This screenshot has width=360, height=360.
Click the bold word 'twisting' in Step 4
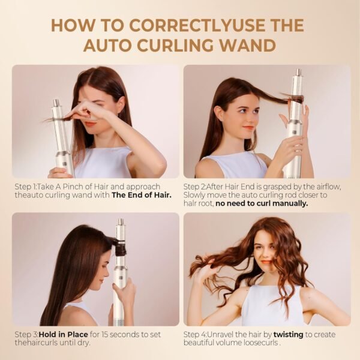coord(289,335)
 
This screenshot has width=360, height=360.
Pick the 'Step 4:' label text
coord(197,335)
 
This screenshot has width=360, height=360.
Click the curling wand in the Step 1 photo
coord(61,138)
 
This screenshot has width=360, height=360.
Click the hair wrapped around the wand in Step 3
coord(118,244)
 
